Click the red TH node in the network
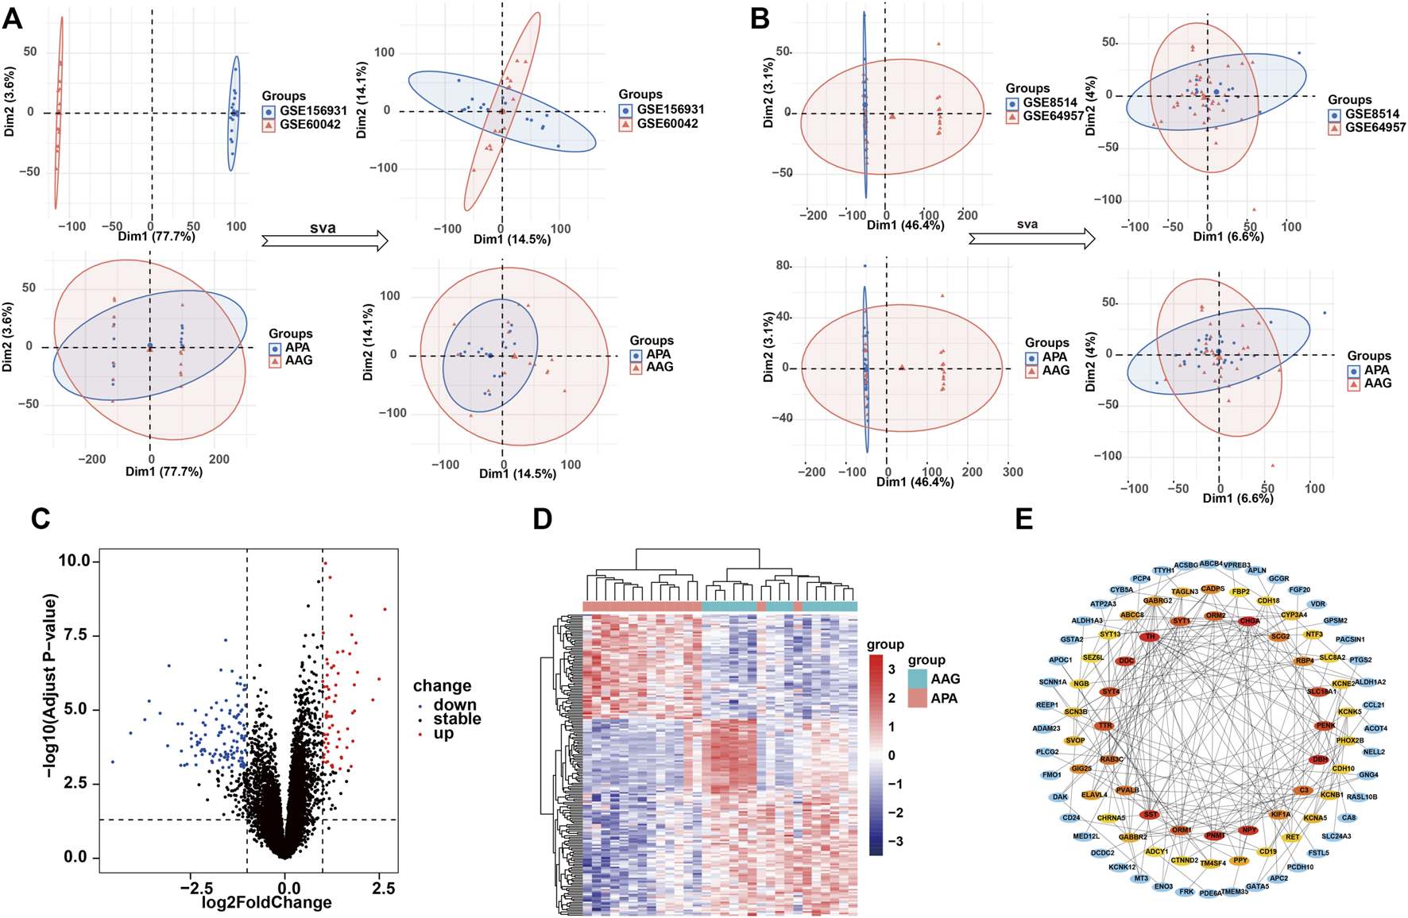1149,637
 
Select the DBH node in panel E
1320,760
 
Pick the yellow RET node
1293,837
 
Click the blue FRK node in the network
1186,892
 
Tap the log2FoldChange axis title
267,903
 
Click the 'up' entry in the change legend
443,734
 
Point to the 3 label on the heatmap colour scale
891,669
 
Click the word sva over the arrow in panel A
323,228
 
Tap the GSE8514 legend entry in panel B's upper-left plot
1049,102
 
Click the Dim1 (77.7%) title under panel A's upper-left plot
157,237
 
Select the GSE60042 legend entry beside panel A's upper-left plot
310,124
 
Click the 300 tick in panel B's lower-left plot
1013,472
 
